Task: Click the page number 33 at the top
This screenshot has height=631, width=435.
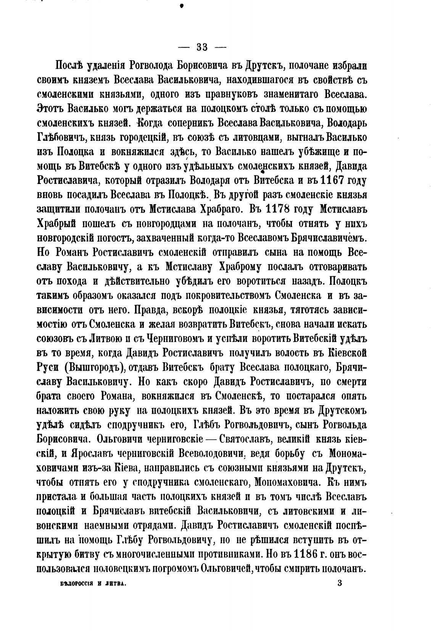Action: (x=202, y=47)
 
